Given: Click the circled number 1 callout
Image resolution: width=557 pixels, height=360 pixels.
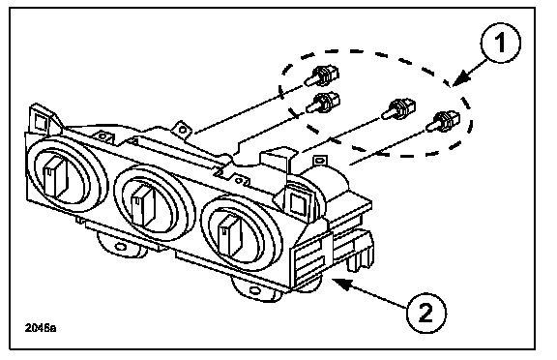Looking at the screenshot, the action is [x=501, y=43].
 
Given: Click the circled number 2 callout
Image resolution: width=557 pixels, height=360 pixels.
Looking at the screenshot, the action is [x=426, y=314].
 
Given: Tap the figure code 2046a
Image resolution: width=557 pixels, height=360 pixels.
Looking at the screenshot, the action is [x=41, y=328].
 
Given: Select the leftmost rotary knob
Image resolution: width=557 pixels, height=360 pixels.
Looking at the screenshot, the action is [x=56, y=177].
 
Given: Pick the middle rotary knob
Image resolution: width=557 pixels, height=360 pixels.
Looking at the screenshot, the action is [x=143, y=206].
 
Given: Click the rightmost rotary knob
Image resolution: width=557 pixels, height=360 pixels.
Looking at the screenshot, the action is [x=230, y=235].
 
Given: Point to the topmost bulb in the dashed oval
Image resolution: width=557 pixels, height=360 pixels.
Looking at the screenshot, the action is [x=321, y=75].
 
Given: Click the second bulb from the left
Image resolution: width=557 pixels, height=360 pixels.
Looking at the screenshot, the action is [x=323, y=103].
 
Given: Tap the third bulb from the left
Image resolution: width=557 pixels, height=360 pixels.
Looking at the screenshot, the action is [x=397, y=108].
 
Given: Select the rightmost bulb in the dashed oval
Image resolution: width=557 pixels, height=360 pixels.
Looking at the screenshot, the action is [x=443, y=121].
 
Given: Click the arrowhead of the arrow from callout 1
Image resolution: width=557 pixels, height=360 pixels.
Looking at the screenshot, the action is [x=460, y=79].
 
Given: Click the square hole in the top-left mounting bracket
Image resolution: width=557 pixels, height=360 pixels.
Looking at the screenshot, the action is [x=41, y=123].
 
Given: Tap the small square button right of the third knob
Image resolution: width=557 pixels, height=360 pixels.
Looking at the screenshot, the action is [x=297, y=203].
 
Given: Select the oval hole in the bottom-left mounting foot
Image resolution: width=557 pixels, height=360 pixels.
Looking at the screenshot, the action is [x=121, y=247].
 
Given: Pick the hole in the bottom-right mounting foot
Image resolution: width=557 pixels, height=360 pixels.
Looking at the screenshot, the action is [x=254, y=290].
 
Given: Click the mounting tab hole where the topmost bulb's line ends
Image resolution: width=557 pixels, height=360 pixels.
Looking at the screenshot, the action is [x=183, y=130].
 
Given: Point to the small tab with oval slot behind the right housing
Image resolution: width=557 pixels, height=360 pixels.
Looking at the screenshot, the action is [x=319, y=160].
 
